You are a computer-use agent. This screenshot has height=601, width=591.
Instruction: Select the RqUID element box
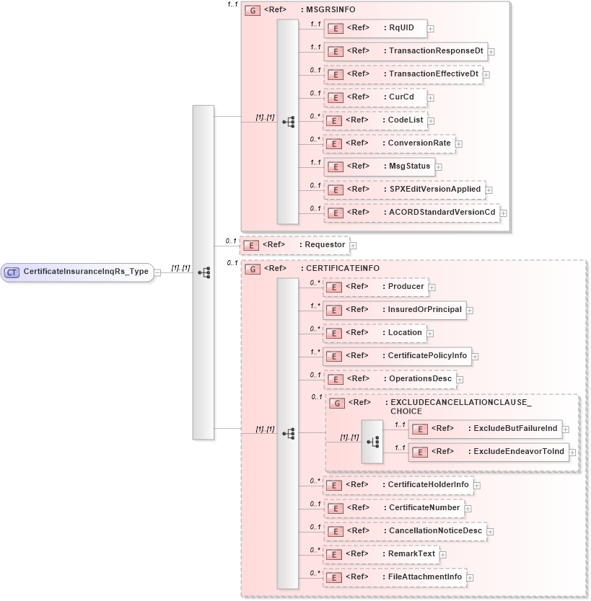click(x=375, y=28)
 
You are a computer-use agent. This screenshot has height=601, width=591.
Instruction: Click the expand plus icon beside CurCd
click(x=430, y=97)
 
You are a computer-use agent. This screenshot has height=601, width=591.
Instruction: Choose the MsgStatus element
click(x=380, y=166)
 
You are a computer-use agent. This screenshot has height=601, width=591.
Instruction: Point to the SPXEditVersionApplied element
click(x=405, y=189)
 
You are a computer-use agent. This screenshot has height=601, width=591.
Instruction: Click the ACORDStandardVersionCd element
click(x=412, y=212)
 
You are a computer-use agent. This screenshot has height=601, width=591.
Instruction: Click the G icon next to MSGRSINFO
click(x=253, y=11)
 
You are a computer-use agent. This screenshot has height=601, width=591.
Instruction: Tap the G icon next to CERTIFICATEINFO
click(x=253, y=268)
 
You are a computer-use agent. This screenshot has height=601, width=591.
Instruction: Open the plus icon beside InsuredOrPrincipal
click(x=470, y=311)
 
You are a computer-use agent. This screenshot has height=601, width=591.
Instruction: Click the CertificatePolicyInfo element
click(x=398, y=355)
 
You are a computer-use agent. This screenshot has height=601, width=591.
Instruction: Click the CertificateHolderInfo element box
click(x=398, y=484)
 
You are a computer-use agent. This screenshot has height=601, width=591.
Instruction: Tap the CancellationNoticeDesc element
click(x=405, y=530)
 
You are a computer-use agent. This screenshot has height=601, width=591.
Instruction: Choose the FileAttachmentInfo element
click(x=395, y=576)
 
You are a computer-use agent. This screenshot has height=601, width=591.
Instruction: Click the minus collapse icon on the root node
click(x=158, y=272)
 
